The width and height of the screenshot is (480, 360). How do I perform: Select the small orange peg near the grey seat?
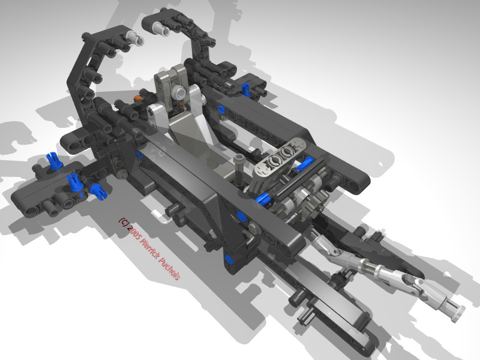[139, 95]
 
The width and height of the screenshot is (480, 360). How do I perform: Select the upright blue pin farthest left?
[53, 160]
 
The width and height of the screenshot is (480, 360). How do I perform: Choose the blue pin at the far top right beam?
[246, 89]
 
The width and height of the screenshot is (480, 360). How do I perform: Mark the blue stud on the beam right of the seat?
[221, 110]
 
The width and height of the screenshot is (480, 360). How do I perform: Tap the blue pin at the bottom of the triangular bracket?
[229, 259]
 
